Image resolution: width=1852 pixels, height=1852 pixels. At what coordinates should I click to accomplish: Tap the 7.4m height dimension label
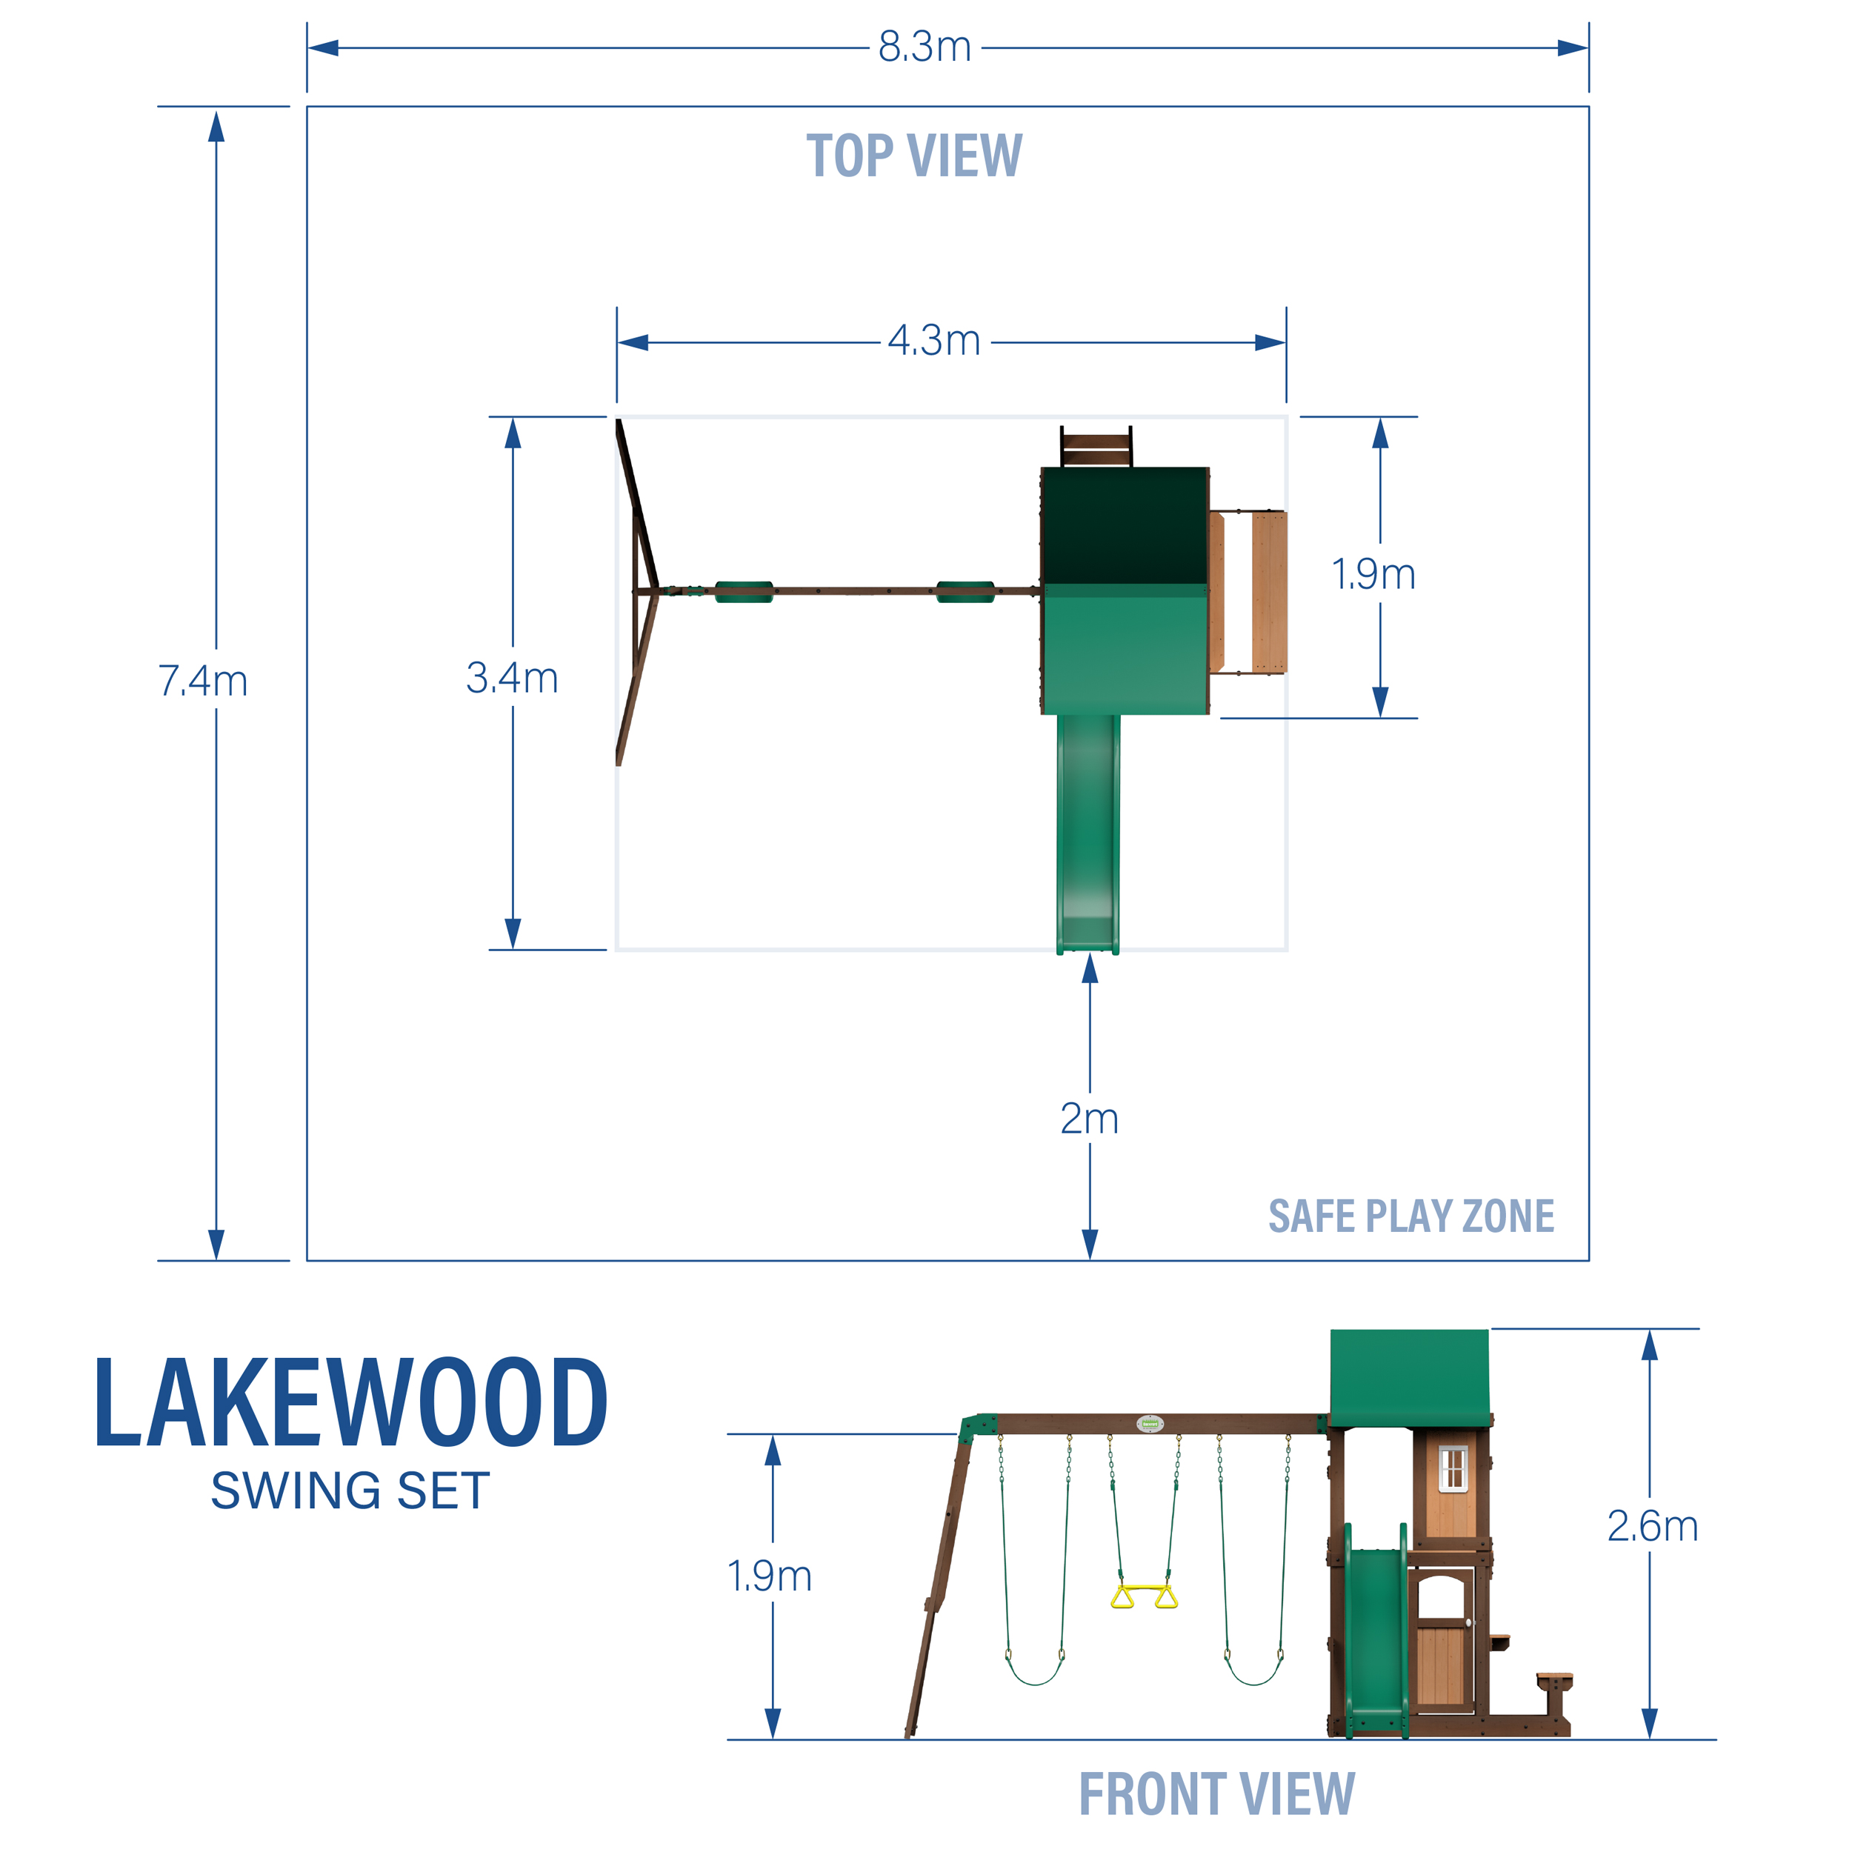point(202,682)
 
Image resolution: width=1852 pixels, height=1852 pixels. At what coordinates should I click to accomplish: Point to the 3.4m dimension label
point(512,679)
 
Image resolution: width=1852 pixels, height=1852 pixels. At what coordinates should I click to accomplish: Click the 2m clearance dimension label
point(1089,1119)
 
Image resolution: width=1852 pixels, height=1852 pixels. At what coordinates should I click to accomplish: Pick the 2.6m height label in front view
point(1652,1526)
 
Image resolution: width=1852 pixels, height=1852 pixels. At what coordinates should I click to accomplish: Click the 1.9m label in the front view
point(770,1576)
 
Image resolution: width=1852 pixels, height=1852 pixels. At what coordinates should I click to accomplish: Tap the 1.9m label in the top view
point(1373,574)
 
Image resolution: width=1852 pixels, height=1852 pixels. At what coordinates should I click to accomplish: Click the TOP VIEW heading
point(913,156)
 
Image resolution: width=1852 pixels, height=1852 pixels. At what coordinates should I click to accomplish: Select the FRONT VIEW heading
point(1216,1794)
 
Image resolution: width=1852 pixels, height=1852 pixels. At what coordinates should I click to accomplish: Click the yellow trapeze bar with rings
point(1144,1597)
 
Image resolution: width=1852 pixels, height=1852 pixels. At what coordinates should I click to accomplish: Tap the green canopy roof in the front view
point(1409,1376)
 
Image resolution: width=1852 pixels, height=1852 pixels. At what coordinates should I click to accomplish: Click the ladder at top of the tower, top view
point(1096,447)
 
